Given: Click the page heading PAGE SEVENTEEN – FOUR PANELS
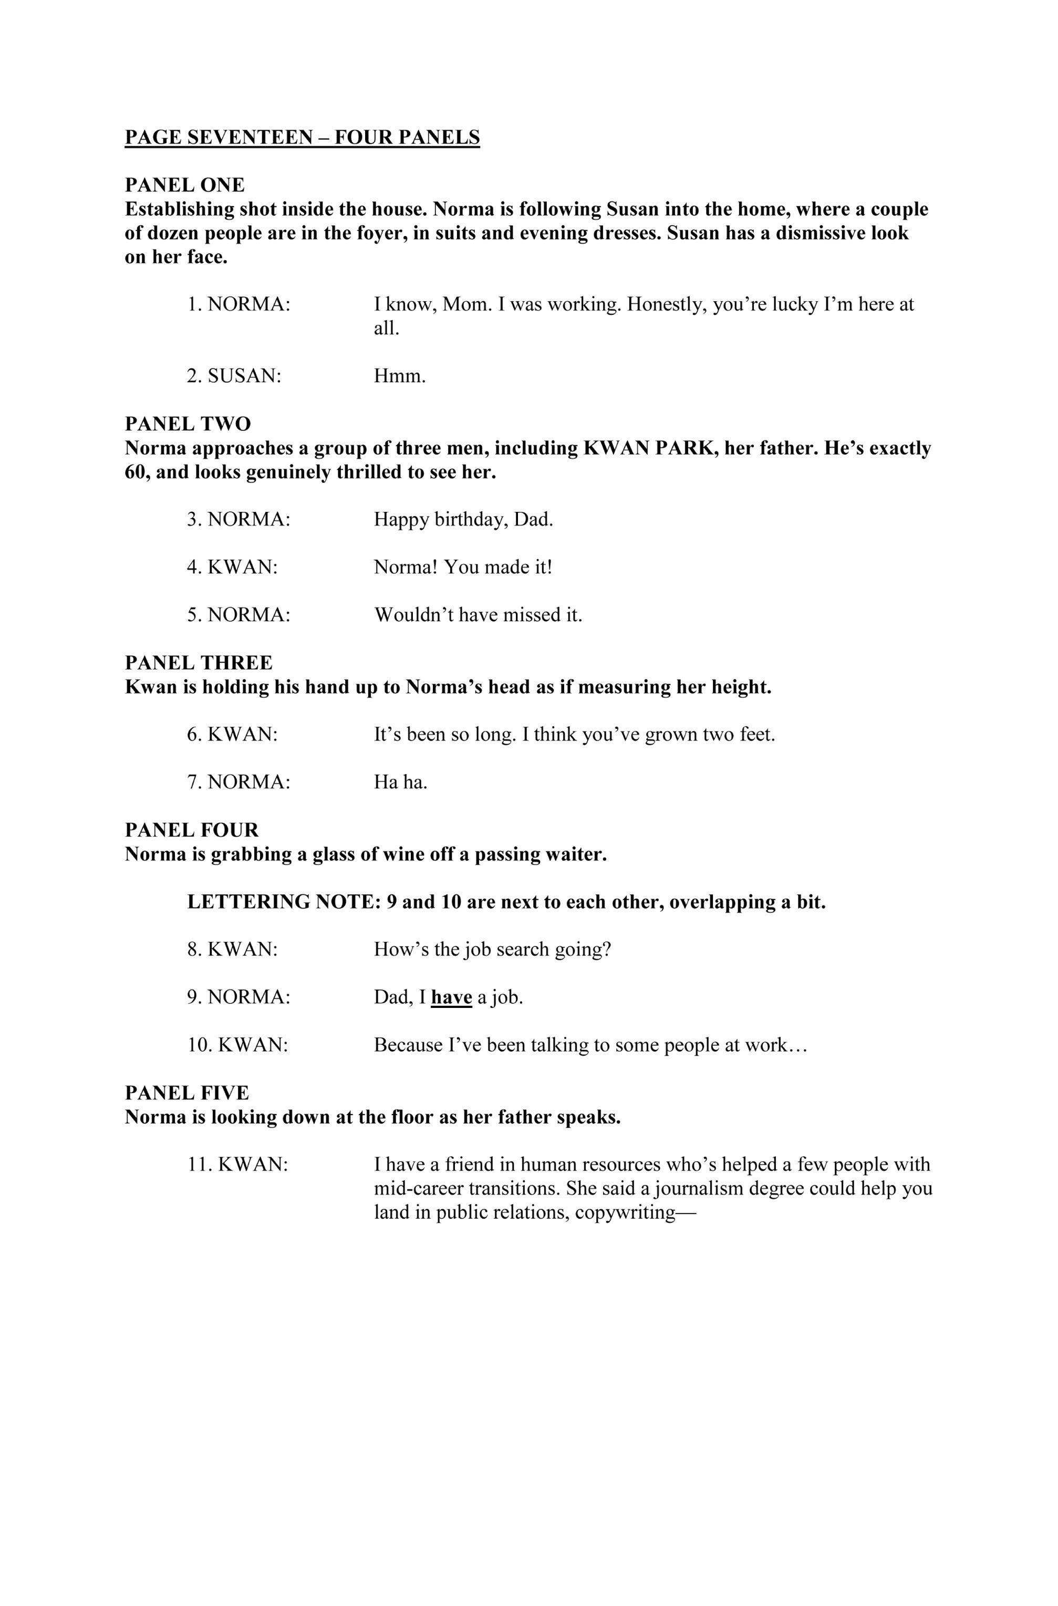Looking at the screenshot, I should point(302,138).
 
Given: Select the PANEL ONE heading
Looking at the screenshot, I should point(185,185).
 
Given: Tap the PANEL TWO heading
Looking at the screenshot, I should point(188,424).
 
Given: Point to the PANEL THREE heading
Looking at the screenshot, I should point(199,663).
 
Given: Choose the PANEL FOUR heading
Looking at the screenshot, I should point(192,830).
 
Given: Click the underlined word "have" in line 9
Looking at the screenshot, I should point(451,997).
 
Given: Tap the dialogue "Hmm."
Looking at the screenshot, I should point(399,376).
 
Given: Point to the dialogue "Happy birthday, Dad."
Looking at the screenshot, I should point(463,520).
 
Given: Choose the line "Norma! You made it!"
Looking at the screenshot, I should point(463,567).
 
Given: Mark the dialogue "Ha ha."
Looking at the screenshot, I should point(401,782).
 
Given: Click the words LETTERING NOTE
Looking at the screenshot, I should point(283,902).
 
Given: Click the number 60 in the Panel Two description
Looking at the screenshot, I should point(137,472).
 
